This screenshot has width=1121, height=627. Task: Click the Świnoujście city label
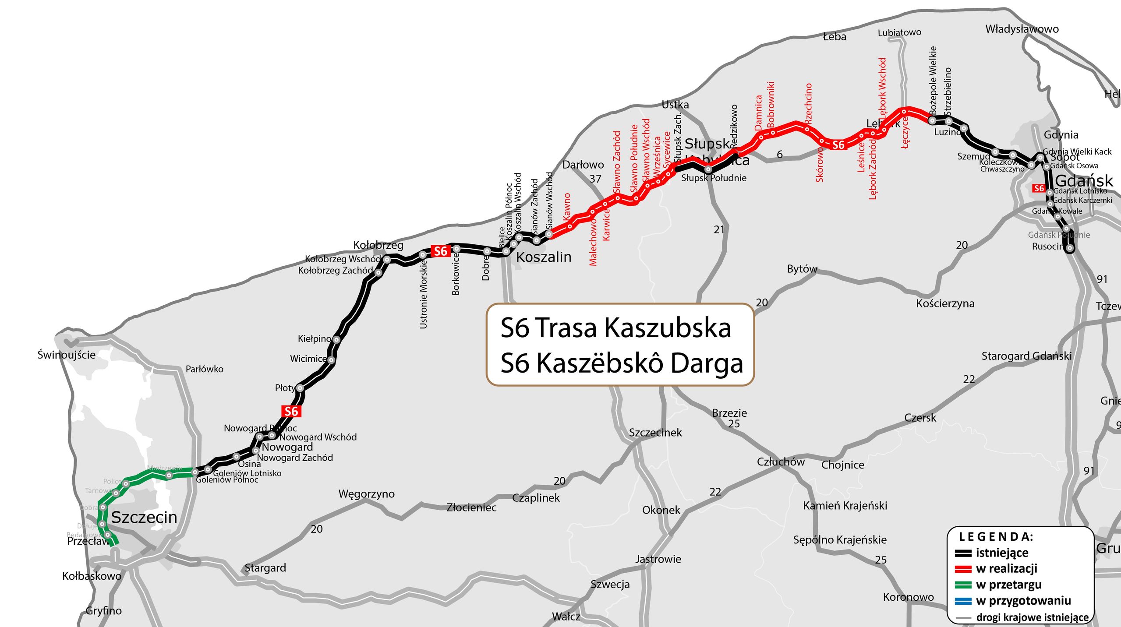(66, 355)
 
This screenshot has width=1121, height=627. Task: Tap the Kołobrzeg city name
(378, 245)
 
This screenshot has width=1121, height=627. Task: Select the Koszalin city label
(544, 257)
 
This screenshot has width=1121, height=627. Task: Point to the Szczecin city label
(144, 518)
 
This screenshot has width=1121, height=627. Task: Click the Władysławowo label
(1022, 29)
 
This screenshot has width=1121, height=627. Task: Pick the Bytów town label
(802, 269)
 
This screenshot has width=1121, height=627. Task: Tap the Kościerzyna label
(945, 303)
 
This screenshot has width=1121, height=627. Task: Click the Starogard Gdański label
(1026, 356)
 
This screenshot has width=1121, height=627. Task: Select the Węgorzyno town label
(366, 494)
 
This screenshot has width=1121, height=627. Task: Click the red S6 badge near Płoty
(291, 411)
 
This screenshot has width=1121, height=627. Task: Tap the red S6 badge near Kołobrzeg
(440, 251)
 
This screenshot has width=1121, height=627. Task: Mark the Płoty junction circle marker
(300, 388)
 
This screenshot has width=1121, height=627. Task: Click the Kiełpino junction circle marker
(336, 339)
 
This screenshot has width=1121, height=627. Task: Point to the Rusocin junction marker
(1070, 248)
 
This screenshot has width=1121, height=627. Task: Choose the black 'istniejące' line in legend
(963, 553)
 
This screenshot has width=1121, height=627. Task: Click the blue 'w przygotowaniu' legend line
(963, 601)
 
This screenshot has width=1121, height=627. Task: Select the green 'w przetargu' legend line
(963, 585)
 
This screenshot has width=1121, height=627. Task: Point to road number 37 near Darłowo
(595, 179)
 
